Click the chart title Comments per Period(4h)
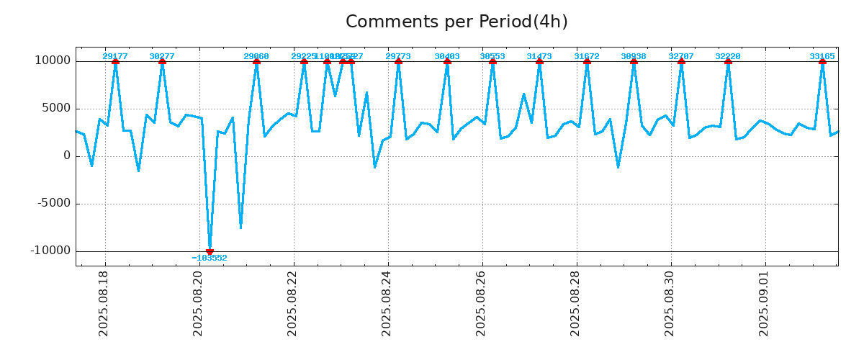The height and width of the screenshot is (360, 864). click(456, 22)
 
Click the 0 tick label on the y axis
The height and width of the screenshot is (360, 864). click(67, 156)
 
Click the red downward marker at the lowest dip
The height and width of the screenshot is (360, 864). click(210, 251)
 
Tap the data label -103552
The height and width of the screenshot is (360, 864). click(210, 258)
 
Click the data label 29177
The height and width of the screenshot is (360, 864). click(115, 56)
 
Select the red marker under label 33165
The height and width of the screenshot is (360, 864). click(822, 62)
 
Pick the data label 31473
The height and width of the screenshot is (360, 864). click(539, 56)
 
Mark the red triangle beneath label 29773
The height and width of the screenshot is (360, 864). click(398, 62)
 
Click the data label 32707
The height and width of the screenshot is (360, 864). click(681, 56)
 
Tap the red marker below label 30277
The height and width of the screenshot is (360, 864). click(162, 62)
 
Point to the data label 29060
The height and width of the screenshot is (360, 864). click(256, 56)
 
